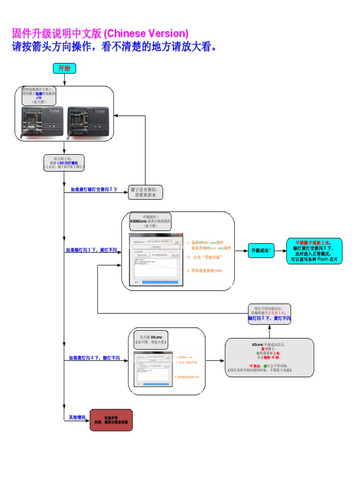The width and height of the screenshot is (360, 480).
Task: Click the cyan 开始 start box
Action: (x=64, y=68)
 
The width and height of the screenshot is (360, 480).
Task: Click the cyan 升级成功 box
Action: (x=265, y=251)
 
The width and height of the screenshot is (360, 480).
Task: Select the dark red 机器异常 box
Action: (x=111, y=420)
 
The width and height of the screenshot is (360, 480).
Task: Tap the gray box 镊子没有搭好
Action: (x=145, y=192)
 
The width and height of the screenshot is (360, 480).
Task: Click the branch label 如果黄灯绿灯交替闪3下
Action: (x=94, y=189)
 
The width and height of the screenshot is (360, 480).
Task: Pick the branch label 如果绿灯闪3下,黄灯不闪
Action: (x=91, y=250)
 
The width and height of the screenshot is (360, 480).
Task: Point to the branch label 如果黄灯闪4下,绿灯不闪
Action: (x=94, y=358)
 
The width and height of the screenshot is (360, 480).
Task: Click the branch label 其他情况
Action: (x=77, y=417)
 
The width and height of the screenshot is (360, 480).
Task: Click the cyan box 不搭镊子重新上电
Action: (x=315, y=251)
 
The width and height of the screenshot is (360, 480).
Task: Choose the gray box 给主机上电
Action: (x=64, y=162)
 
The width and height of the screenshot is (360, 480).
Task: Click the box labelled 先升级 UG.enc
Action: (x=151, y=339)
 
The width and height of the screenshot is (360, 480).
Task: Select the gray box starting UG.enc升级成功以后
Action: (x=269, y=357)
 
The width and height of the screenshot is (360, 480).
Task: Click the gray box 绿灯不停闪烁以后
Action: (x=269, y=313)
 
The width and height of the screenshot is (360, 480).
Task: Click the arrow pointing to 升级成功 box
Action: (x=241, y=251)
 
